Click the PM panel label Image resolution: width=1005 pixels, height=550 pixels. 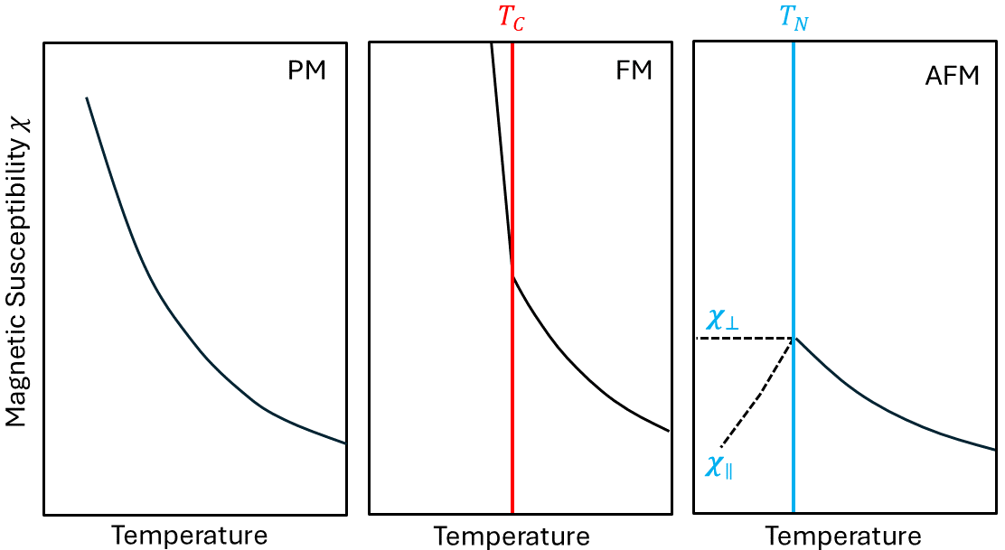[x=306, y=71]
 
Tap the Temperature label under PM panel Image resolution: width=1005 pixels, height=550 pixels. [x=189, y=536]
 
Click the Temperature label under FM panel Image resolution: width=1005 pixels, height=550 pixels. [x=512, y=536]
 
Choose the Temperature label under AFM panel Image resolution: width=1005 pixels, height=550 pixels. [x=843, y=536]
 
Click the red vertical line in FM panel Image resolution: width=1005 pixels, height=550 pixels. [x=512, y=406]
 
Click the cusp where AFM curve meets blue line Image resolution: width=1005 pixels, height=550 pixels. [x=794, y=338]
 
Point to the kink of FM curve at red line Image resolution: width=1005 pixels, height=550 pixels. [x=512, y=276]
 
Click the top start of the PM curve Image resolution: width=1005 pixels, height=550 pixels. [x=87, y=98]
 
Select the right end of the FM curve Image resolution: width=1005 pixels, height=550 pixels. [x=669, y=431]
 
